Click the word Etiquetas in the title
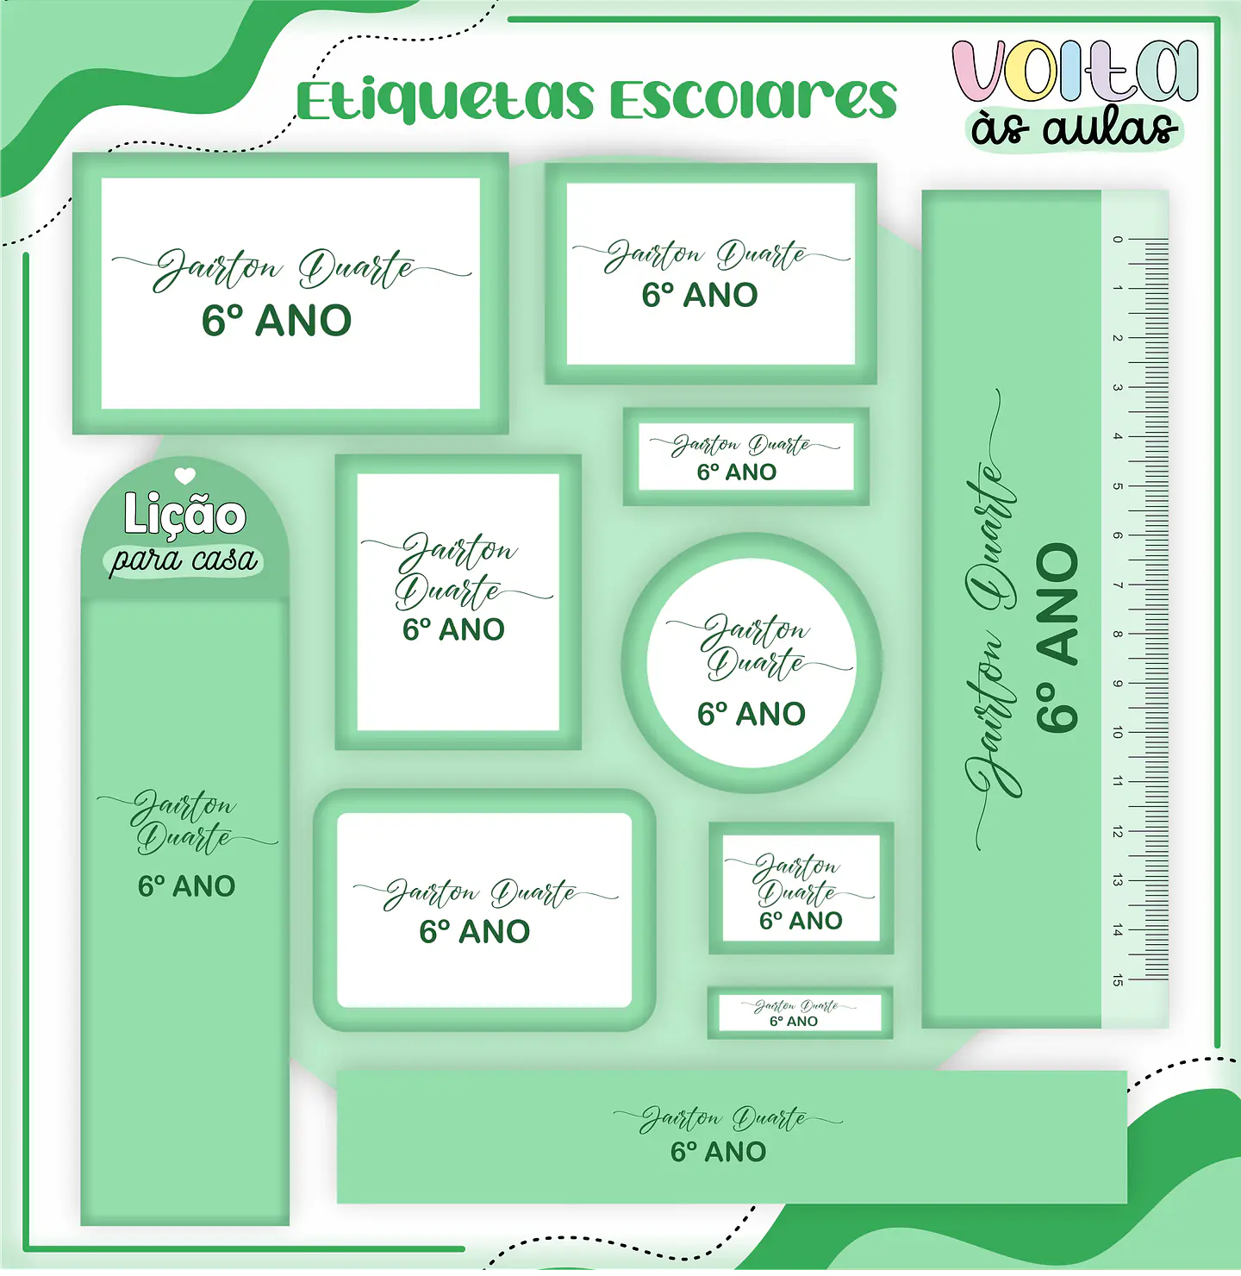coord(446,100)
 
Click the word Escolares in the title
coord(753,100)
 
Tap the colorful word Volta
coord(1075,72)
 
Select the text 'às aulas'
coord(1075,129)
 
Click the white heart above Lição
coord(184,475)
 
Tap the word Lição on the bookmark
coord(184,515)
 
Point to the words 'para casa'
coord(184,560)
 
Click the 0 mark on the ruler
coord(1118,239)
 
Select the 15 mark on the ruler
coord(1118,979)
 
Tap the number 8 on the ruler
coord(1118,635)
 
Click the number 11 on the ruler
coord(1118,782)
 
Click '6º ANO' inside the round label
coord(751,714)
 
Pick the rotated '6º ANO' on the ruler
coord(1057,638)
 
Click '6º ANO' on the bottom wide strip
coord(718,1152)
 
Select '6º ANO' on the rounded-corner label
coord(474,931)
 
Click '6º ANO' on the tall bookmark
coord(186,886)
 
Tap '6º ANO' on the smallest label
coord(794,1021)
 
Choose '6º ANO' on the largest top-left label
coord(277,321)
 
